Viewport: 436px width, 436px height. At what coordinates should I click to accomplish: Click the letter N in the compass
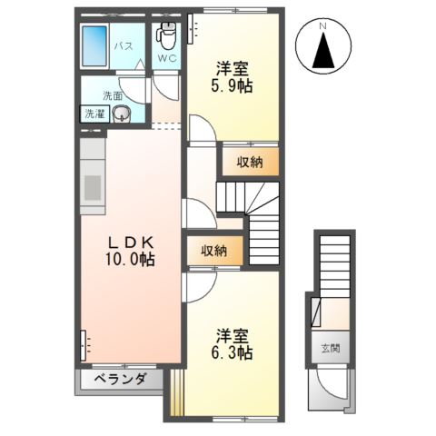coord(322,27)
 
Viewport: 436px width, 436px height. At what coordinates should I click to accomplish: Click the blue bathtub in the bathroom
coord(94,45)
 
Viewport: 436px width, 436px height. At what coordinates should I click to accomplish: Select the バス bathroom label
coord(124,46)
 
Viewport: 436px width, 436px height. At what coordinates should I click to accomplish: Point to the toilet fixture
coord(166,38)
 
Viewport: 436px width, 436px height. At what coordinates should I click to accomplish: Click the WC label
coord(168,60)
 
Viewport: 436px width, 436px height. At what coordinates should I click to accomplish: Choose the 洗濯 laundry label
coord(94,114)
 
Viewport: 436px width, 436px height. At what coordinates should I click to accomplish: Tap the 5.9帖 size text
coord(233,85)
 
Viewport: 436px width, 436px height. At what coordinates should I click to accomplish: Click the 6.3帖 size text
coord(233,351)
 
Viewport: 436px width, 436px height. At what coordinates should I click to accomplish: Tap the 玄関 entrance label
coord(329,348)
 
